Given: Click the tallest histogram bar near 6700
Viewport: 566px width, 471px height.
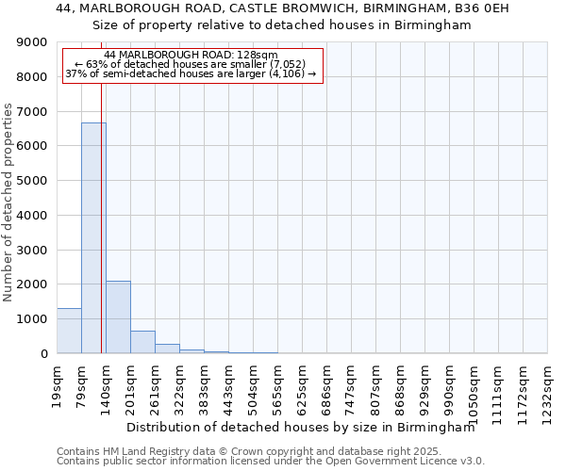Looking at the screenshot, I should pos(93,237).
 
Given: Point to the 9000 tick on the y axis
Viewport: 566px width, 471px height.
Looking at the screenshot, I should pos(33,42).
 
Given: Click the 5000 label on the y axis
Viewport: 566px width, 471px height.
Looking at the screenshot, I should pos(33,181).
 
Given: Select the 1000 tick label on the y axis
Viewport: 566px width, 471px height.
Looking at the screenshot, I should pos(33,319).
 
